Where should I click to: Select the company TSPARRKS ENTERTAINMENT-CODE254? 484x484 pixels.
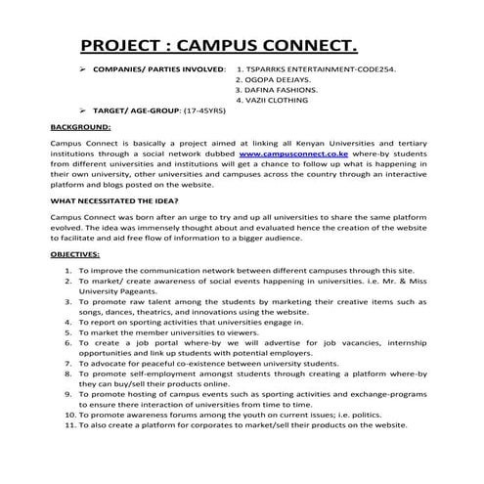(322, 71)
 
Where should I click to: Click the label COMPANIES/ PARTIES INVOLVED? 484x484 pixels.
(157, 71)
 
